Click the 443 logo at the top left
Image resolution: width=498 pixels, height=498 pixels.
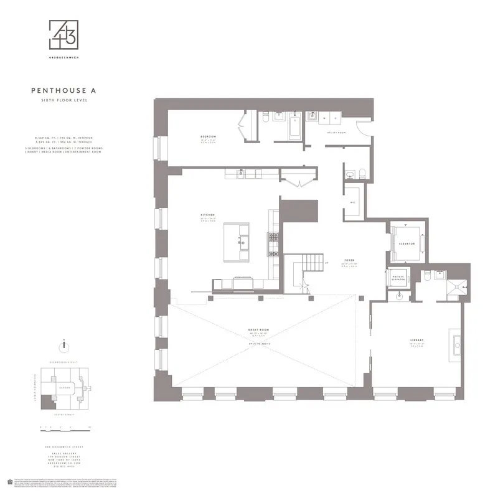[x=65, y=34]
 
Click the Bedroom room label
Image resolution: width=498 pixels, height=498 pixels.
[x=208, y=136]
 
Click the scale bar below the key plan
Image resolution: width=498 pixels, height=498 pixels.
[x=65, y=427]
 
